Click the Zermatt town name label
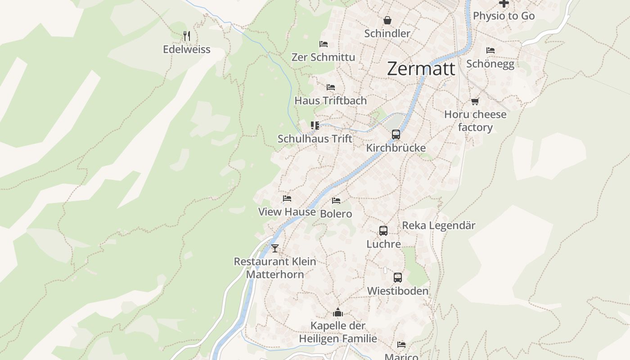coord(421,69)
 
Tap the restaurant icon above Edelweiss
coord(187,36)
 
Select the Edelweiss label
coord(186,49)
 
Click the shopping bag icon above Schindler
coord(387,20)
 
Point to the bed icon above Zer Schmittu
coord(323,44)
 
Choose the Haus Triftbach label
coord(330,101)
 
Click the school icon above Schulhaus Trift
coord(315,125)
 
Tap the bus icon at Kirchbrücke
coord(396,134)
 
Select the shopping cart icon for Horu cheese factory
coord(475,101)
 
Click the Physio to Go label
coord(504,16)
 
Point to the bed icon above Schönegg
coord(490,50)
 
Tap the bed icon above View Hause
coord(287,198)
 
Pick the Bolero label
coord(336,214)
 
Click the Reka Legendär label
coord(438,225)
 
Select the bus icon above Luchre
coord(383,231)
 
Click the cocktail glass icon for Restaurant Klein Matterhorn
coord(274,248)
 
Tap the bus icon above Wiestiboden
coord(397,278)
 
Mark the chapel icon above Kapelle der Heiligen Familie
coord(338,312)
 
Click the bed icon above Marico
coord(401,345)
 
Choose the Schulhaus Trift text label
coord(315,139)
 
